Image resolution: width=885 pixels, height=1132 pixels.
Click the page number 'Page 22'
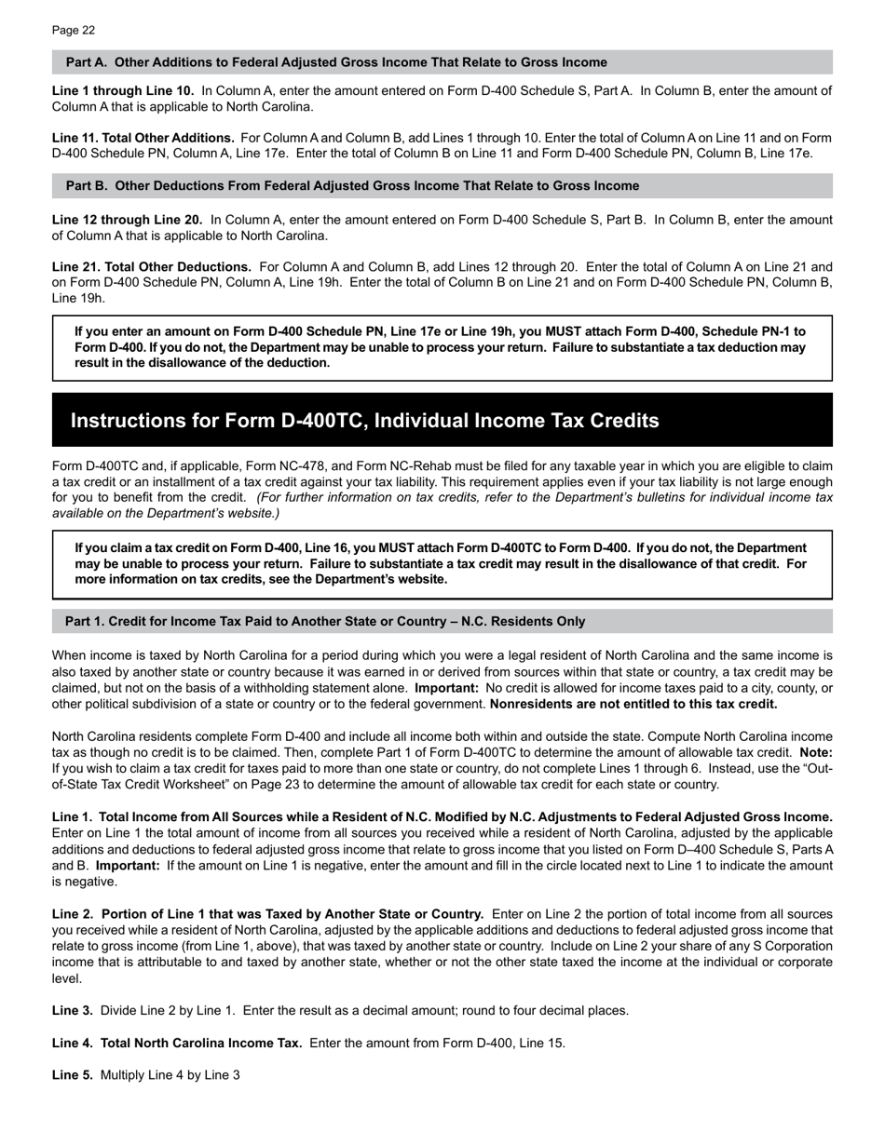pos(74,31)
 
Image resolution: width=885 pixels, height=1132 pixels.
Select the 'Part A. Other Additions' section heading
pos(335,62)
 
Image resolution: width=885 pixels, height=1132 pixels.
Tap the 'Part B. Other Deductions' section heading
pos(352,186)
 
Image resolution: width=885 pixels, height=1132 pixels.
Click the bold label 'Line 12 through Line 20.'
pos(127,220)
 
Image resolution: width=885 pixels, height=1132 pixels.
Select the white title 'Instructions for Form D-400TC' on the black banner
pos(364,421)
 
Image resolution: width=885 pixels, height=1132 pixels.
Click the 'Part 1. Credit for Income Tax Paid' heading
pos(324,621)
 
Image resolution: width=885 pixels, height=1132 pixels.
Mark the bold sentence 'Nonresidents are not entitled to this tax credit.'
pos(633,704)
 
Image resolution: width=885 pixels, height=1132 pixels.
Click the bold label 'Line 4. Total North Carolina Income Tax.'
pos(176,1043)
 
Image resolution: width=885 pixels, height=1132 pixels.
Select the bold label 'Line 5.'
pos(72,1075)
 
